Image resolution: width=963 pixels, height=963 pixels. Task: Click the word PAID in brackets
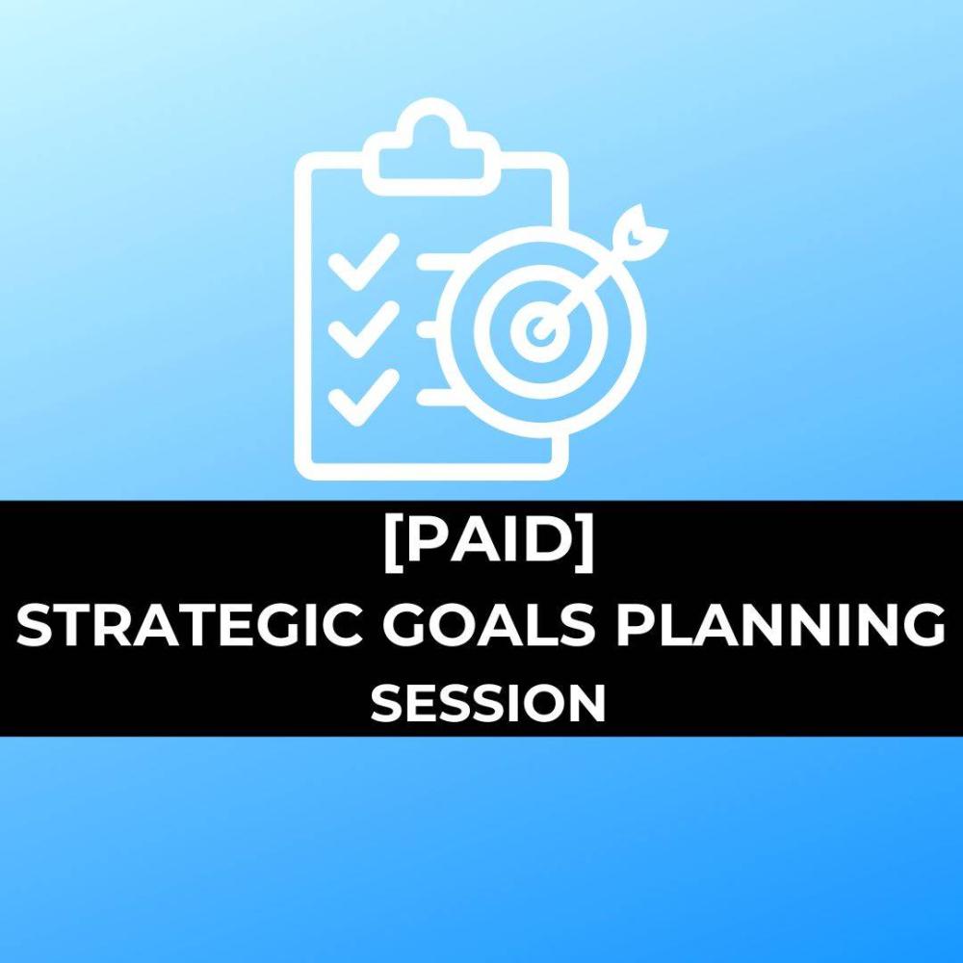(489, 541)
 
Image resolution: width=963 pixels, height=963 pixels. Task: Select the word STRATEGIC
(189, 625)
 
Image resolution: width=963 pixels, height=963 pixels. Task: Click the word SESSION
(488, 703)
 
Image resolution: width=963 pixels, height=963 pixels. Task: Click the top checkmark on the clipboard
(363, 262)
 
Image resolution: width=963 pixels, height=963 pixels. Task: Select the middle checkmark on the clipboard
(363, 329)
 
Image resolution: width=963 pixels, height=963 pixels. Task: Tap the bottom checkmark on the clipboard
(363, 398)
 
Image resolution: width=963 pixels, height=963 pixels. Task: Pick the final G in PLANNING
(924, 625)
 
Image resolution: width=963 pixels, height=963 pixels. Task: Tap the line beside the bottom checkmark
(437, 398)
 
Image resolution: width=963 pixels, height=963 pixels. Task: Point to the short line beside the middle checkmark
(428, 329)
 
